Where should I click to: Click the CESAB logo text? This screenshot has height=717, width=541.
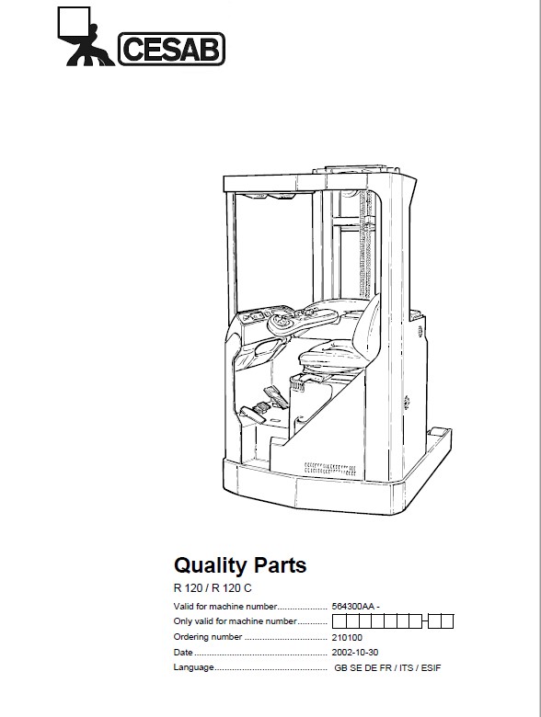(x=172, y=49)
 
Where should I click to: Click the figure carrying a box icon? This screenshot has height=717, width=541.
(x=86, y=37)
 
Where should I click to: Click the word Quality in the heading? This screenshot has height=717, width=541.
(x=210, y=565)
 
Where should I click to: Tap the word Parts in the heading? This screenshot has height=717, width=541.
(x=280, y=564)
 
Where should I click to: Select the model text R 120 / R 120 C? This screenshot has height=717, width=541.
(x=213, y=588)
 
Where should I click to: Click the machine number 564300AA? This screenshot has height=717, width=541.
(x=353, y=607)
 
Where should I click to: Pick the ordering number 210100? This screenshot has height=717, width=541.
(x=347, y=637)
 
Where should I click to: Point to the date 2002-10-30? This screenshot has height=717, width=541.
(x=355, y=653)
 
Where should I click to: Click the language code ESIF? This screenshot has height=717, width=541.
(x=432, y=667)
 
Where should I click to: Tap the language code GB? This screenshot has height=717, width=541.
(x=340, y=667)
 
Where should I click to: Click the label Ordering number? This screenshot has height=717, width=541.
(x=208, y=637)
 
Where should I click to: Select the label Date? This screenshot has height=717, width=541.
(x=183, y=652)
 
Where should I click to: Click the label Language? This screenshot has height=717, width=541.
(x=193, y=667)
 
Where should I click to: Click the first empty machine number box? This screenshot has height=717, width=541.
(x=339, y=622)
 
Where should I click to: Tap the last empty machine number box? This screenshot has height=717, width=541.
(x=447, y=622)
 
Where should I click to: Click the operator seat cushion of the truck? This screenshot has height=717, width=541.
(x=328, y=356)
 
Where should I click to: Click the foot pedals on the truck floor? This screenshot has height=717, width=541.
(x=264, y=404)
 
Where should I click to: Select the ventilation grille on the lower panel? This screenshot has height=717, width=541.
(x=329, y=468)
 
